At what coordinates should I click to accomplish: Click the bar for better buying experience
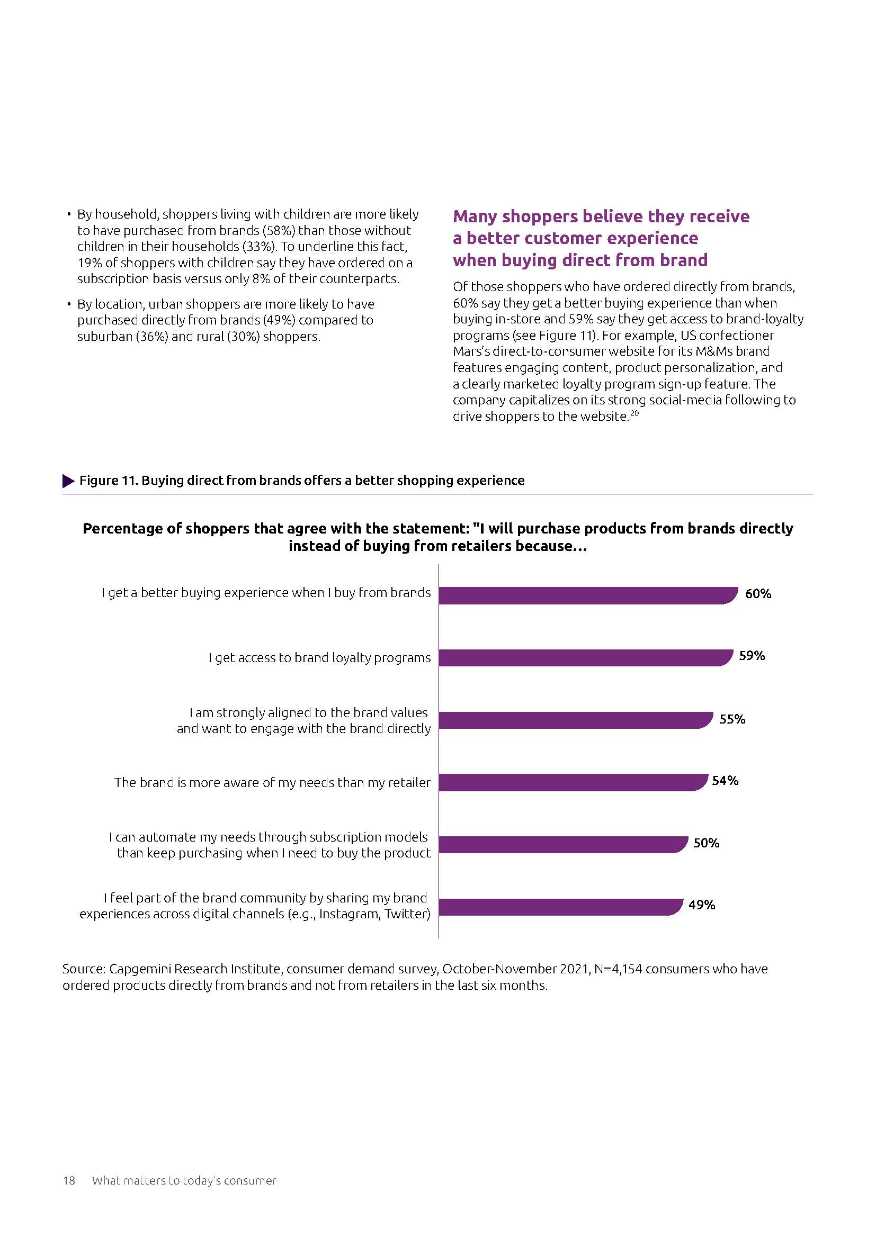(x=588, y=595)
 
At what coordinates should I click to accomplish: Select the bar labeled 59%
(x=585, y=658)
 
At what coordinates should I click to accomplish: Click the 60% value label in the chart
(x=758, y=594)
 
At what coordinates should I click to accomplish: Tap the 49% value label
(x=701, y=905)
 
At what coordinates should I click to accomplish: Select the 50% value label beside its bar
(x=706, y=843)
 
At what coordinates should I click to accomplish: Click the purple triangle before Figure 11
(x=68, y=481)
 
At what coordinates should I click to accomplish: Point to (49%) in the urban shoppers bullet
(x=279, y=320)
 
